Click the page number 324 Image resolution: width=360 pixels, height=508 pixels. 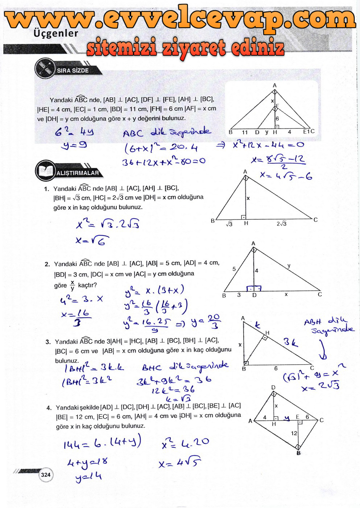click(46, 475)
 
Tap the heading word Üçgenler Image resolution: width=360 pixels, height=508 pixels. click(55, 33)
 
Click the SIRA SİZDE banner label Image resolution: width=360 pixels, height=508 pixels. click(73, 70)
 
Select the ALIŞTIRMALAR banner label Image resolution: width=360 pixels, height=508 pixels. click(77, 173)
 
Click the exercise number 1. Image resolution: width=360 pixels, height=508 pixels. click(46, 189)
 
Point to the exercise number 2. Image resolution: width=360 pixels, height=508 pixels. click(47, 264)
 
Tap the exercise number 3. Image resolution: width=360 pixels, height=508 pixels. click(48, 342)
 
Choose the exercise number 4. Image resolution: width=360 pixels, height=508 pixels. click(49, 408)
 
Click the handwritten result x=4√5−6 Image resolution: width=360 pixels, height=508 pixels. click(286, 176)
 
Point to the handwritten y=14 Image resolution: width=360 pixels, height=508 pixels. click(88, 476)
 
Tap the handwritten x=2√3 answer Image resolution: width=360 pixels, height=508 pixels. click(320, 386)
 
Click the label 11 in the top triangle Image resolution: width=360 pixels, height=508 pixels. click(245, 132)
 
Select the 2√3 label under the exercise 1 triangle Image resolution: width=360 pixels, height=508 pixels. click(281, 224)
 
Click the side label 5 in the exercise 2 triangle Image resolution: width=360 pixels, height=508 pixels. click(234, 269)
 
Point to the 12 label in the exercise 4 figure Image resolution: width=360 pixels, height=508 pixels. click(294, 433)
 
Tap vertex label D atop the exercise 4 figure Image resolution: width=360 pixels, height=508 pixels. click(273, 388)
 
